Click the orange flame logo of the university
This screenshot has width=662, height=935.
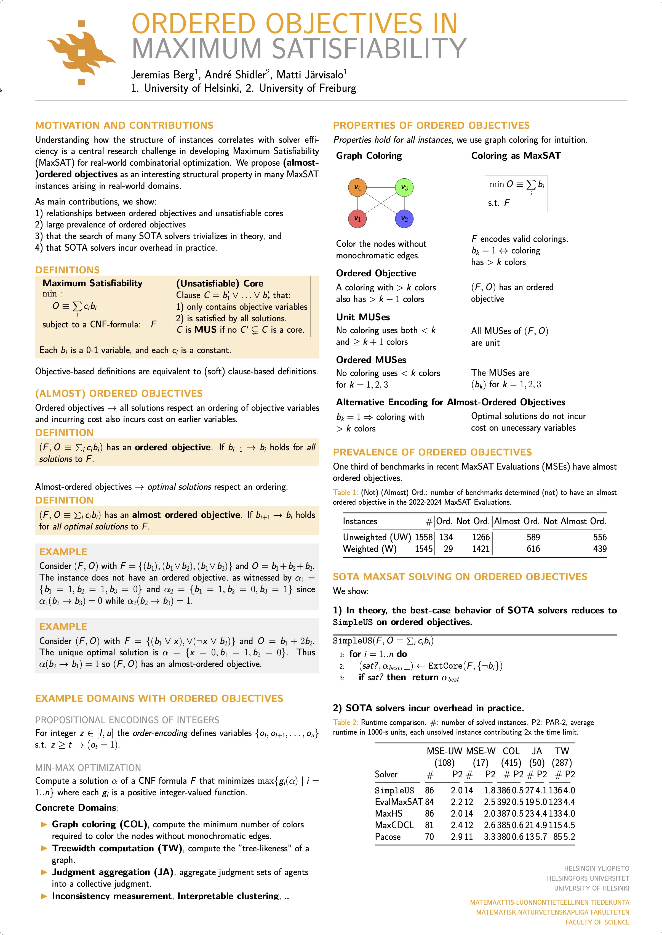click(x=82, y=53)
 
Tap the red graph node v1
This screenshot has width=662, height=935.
click(x=357, y=219)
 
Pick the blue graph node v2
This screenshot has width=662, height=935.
click(x=404, y=219)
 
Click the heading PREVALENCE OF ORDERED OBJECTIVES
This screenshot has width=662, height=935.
click(x=432, y=452)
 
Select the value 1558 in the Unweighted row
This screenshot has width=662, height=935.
click(x=423, y=537)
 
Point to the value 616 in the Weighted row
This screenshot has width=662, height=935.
click(x=533, y=549)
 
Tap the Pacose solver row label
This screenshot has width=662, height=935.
click(x=388, y=837)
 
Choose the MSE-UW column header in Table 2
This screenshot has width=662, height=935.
click(x=445, y=751)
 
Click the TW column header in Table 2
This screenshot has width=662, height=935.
click(x=562, y=751)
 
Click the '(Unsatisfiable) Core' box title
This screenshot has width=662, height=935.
click(x=219, y=284)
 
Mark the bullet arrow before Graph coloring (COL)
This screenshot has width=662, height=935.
click(x=44, y=825)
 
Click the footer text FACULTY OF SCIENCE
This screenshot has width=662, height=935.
click(x=597, y=922)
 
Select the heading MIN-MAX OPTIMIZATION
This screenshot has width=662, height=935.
click(x=88, y=767)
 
